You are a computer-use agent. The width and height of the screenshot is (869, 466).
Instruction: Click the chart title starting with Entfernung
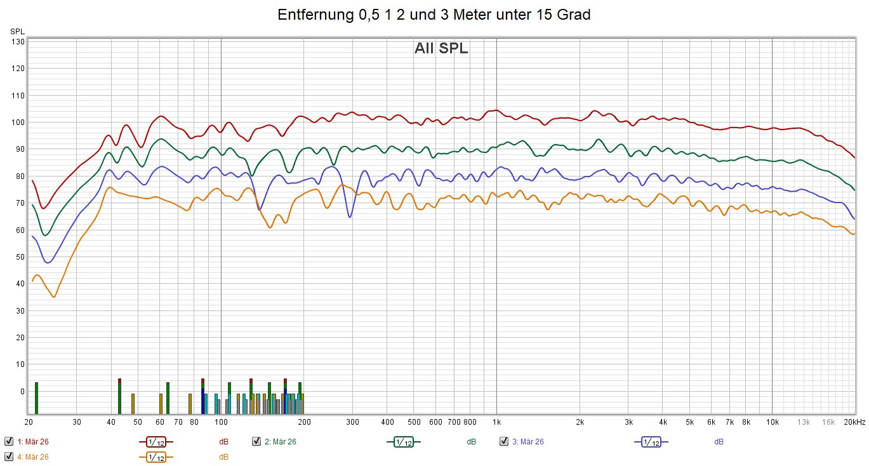click(x=434, y=15)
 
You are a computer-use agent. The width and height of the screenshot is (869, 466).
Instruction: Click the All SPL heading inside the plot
click(x=441, y=48)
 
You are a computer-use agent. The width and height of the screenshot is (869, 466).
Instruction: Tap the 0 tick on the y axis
click(x=22, y=392)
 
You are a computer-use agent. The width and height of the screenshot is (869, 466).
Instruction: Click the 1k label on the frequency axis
click(x=496, y=422)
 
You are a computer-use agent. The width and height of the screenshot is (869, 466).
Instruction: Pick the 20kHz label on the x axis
click(x=854, y=422)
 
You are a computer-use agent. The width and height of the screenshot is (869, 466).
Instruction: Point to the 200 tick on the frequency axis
click(x=304, y=422)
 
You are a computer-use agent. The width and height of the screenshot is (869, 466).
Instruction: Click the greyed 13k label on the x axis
click(x=804, y=422)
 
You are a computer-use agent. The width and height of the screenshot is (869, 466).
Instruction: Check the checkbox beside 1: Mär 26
click(x=9, y=441)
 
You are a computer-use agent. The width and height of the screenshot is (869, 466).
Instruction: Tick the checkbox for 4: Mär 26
click(x=9, y=456)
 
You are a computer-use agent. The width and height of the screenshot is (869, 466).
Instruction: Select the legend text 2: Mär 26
click(x=280, y=441)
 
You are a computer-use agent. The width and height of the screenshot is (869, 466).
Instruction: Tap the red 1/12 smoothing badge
click(x=156, y=441)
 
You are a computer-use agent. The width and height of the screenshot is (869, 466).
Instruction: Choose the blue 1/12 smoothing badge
click(x=651, y=441)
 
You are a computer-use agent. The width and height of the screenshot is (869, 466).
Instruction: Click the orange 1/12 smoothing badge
click(x=156, y=456)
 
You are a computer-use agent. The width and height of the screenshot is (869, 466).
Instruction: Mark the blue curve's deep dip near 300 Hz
click(x=350, y=217)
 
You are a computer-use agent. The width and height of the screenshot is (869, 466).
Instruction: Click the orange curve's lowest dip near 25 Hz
click(x=54, y=296)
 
